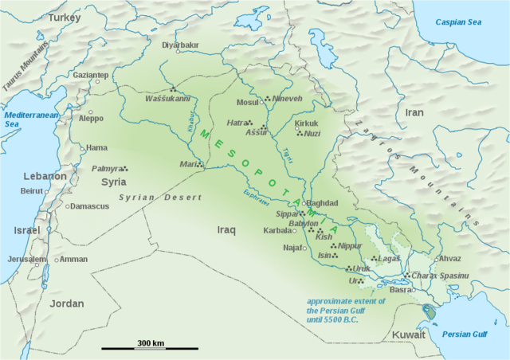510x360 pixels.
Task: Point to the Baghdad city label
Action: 323,203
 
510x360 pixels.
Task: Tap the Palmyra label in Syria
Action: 107,169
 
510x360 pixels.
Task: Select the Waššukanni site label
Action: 167,99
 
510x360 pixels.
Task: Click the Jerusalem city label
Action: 27,260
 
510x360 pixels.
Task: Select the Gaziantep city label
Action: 91,75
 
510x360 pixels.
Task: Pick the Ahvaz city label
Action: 449,258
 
